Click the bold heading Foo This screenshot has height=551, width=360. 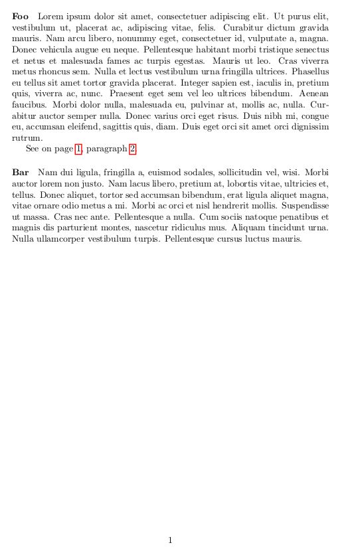pyautogui.click(x=21, y=15)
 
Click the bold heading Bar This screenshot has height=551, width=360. pyautogui.click(x=21, y=173)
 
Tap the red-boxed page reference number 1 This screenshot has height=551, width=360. pyautogui.click(x=78, y=149)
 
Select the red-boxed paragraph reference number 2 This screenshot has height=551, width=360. pyautogui.click(x=132, y=149)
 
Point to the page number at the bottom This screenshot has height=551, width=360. pyautogui.click(x=171, y=540)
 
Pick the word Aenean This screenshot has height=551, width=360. pyautogui.click(x=314, y=94)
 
